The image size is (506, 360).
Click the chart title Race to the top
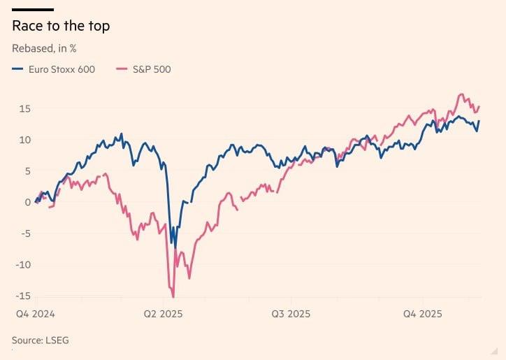[x=61, y=27]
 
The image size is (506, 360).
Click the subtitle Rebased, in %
[x=44, y=49]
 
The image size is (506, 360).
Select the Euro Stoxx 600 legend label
[x=62, y=69]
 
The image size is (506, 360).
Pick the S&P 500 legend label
[x=152, y=69]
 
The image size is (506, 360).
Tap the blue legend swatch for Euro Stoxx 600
[x=17, y=69]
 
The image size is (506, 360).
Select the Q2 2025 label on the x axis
[x=162, y=315]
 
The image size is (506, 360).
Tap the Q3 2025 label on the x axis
[x=291, y=315]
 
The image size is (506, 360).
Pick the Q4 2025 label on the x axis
[x=421, y=315]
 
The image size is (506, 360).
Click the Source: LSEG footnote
[x=40, y=340]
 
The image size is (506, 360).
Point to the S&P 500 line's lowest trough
[x=173, y=297]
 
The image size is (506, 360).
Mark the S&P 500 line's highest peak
[x=461, y=94]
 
